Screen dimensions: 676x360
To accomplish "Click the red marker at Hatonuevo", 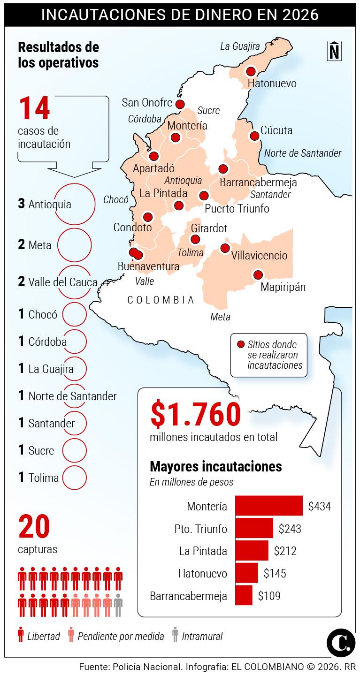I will (251, 71).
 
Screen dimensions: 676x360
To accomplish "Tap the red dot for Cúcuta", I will (254, 136).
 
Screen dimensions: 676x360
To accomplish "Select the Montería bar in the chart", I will (268, 506).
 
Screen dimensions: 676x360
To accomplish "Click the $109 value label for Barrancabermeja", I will (269, 596).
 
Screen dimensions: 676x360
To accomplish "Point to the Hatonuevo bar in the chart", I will (246, 573).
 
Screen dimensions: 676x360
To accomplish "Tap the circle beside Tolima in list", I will (74, 478).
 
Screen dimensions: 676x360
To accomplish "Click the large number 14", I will (34, 109).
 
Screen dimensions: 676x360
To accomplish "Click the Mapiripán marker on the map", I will (258, 275).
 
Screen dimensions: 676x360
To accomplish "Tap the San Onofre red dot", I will (180, 104).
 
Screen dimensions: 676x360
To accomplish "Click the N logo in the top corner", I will (334, 51).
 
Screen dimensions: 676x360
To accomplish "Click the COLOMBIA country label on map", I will (161, 300).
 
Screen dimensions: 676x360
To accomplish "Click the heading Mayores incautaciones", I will (215, 467).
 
